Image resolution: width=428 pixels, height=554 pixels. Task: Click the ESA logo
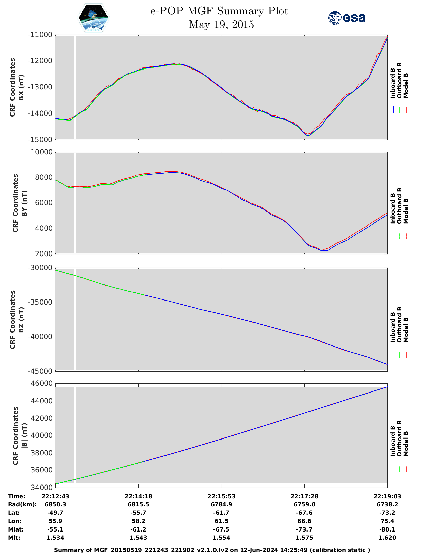(x=346, y=18)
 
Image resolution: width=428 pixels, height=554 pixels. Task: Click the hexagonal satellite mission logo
(x=94, y=18)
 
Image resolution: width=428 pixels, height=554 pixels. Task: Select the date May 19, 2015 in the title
(x=221, y=25)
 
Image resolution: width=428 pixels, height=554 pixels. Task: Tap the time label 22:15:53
(x=222, y=496)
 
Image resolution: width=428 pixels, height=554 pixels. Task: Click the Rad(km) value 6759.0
(x=304, y=504)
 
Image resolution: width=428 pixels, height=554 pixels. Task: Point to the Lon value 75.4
(x=387, y=521)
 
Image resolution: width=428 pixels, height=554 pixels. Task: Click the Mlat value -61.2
(x=138, y=529)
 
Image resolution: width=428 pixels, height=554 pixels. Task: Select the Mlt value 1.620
(x=387, y=538)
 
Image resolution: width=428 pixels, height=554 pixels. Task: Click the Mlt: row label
(x=14, y=538)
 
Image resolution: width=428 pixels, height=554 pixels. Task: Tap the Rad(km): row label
(x=22, y=504)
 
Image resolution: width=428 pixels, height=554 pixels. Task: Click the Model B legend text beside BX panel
(x=406, y=85)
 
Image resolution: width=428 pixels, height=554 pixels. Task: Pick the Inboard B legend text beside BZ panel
(x=393, y=327)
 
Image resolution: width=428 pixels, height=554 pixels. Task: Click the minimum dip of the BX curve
(x=308, y=135)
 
